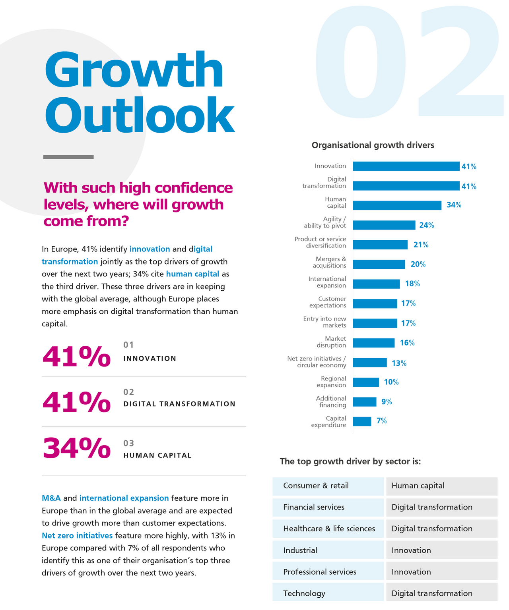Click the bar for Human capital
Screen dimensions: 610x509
(397, 205)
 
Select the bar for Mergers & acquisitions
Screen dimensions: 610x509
(379, 264)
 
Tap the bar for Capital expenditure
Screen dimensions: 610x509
(362, 421)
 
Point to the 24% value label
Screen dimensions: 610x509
(426, 225)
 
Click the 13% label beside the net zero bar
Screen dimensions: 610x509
(399, 363)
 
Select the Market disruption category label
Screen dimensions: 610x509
(331, 342)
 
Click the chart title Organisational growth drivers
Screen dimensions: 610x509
(373, 145)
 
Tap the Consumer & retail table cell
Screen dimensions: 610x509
(328, 486)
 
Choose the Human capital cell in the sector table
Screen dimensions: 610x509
(441, 486)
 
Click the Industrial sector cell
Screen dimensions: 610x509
(328, 550)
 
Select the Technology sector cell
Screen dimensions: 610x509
(328, 593)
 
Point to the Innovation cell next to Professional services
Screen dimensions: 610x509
(441, 572)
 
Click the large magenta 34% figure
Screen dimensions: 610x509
(76, 448)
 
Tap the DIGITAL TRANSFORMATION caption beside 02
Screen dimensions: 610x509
(179, 404)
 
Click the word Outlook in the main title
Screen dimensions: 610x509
(139, 115)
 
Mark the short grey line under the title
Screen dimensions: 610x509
(68, 157)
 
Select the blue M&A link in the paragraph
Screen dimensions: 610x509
(51, 498)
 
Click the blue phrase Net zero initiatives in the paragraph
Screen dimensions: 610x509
(77, 535)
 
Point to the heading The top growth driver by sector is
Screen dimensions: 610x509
(350, 461)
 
